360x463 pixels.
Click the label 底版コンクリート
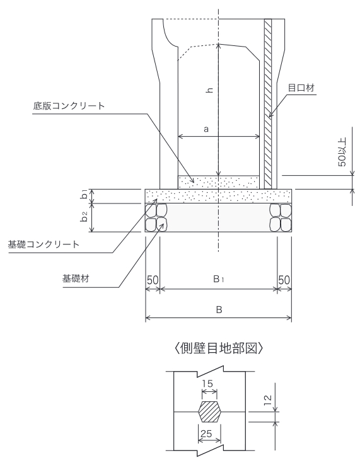pos(69,106)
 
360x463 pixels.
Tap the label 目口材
pos(301,88)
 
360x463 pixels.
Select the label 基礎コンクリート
pos(44,244)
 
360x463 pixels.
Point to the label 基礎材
pos(76,278)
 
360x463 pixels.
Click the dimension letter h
pos(209,90)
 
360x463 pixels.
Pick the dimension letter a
pos(206,129)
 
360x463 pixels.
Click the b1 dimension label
pos(84,195)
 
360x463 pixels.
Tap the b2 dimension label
pos(84,217)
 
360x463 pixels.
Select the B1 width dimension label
pos(218,278)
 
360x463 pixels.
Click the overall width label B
pos(219,310)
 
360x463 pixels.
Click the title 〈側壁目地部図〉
pos(219,348)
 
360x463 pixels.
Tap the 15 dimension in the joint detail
pos(207,384)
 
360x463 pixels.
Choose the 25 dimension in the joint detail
pos(206,433)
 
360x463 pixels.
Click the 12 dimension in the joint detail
pos(267,400)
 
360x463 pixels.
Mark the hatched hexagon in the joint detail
pos(209,411)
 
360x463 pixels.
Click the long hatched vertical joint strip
pos(268,104)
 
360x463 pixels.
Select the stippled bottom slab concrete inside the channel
pos(218,182)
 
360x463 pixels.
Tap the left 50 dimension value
pos(153,280)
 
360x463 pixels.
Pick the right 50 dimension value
pos(284,280)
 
